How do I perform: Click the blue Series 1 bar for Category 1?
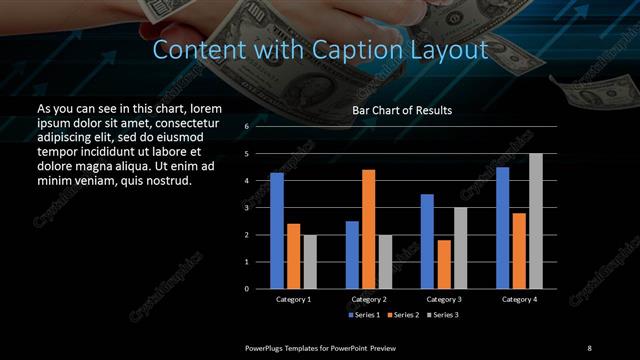[x=277, y=230]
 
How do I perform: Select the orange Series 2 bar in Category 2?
[x=368, y=229]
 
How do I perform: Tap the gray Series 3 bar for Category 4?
[x=536, y=220]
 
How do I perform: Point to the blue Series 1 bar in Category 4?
[x=503, y=227]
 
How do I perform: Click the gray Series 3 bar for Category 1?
[x=310, y=261]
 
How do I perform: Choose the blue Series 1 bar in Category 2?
[x=352, y=254]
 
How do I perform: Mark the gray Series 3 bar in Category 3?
[x=460, y=247]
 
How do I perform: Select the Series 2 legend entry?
[x=401, y=315]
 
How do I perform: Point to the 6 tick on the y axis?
[x=247, y=127]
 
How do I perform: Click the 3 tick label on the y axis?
[x=247, y=208]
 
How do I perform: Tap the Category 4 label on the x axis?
[x=518, y=299]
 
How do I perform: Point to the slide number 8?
[x=589, y=347]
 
